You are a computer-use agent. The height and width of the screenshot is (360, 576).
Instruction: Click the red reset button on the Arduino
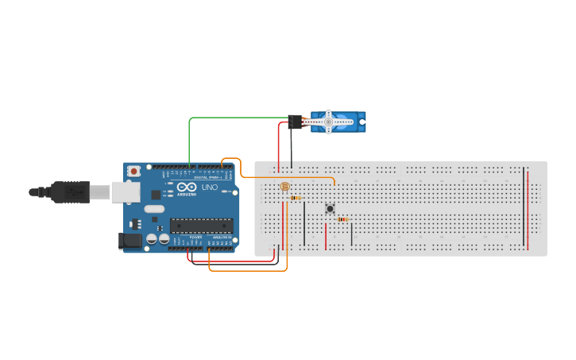tap(134, 170)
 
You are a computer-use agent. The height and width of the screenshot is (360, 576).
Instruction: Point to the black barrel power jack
tap(128, 240)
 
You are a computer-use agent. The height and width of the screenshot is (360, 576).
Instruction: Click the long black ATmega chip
tap(203, 225)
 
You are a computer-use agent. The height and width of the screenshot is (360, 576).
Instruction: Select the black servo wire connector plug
tap(296, 122)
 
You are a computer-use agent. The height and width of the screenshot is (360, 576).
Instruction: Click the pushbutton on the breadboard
tap(330, 208)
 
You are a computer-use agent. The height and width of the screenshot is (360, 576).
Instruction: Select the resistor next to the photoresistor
tap(296, 197)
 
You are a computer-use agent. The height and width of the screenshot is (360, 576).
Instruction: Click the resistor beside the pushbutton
tap(342, 219)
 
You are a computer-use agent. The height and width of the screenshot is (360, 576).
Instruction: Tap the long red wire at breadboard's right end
tap(528, 208)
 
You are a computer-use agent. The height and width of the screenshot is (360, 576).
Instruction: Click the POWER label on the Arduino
tap(195, 237)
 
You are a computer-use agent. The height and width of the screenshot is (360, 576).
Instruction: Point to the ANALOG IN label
tap(221, 237)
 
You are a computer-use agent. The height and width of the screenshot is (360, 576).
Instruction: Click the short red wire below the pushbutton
tap(326, 235)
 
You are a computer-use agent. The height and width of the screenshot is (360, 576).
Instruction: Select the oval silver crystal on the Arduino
tap(154, 209)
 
